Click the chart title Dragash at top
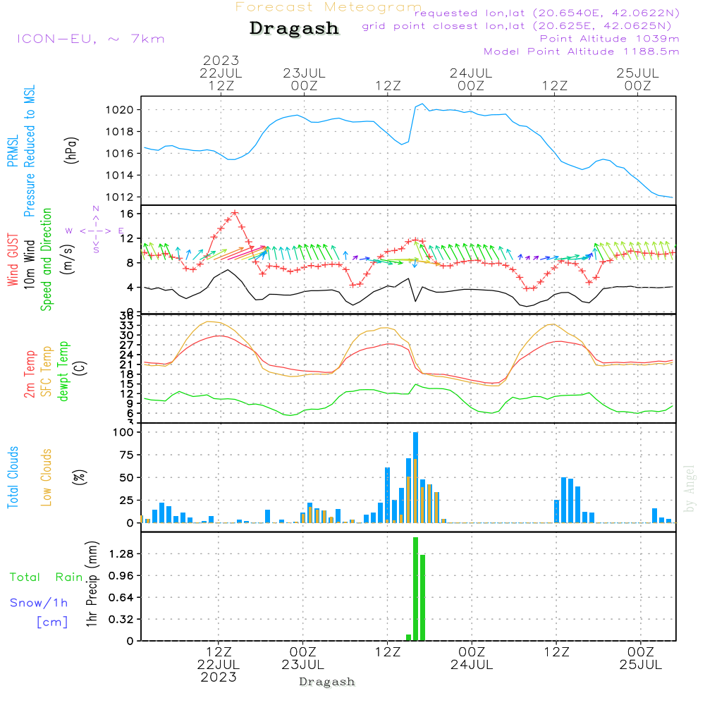[294, 29]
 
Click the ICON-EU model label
[90, 39]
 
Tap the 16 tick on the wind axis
[127, 214]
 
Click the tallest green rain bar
[416, 589]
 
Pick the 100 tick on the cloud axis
[123, 432]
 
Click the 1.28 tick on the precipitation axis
[120, 555]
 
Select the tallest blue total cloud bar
[416, 477]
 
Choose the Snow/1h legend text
[39, 603]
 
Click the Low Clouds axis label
[47, 477]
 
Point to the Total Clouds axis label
[13, 477]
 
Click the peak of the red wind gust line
[234, 212]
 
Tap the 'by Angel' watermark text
[689, 488]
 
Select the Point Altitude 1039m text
[609, 38]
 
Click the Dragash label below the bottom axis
[326, 682]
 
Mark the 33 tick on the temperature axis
[127, 325]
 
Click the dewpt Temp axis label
[63, 371]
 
